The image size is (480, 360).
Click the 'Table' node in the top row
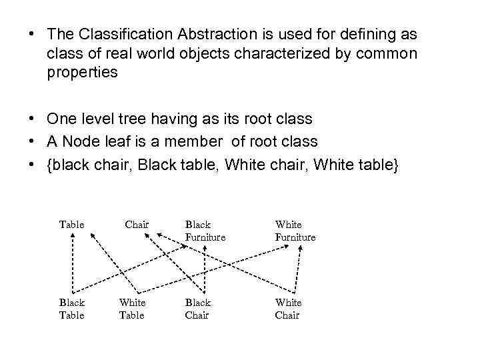pos(72,225)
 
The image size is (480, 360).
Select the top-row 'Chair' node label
pos(137,225)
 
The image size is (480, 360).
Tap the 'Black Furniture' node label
pos(205,231)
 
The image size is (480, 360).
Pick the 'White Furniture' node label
pos(295,231)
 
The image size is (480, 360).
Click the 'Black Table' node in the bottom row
pos(72,309)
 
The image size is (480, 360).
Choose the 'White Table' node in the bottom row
pos(131,309)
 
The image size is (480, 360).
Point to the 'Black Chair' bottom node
pos(197,309)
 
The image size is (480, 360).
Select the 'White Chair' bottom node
pos(287,309)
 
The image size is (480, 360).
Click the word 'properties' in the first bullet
pos(82,73)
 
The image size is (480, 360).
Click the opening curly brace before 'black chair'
pos(49,164)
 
